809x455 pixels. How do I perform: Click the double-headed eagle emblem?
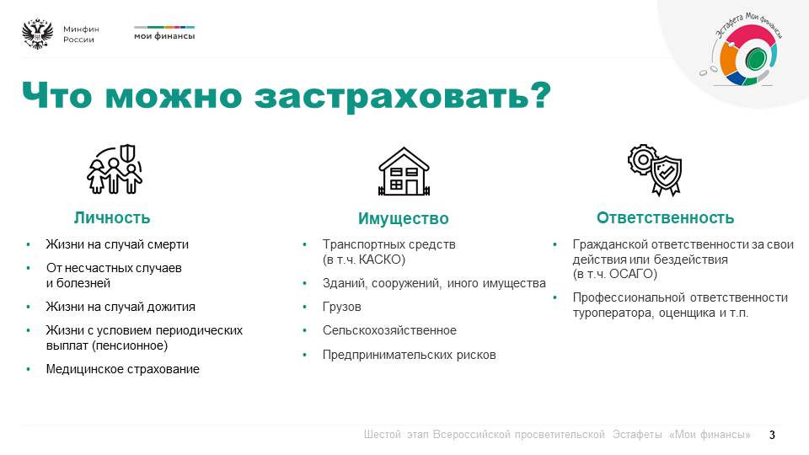click(38, 34)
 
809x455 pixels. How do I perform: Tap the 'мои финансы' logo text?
click(164, 36)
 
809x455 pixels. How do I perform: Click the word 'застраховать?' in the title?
click(403, 96)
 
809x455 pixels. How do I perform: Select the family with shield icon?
click(115, 169)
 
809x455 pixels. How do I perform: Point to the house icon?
click(404, 172)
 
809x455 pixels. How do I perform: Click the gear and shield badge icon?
click(655, 169)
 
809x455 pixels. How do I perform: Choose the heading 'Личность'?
click(112, 217)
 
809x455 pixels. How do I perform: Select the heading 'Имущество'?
click(404, 219)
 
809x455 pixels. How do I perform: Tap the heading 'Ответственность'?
click(665, 217)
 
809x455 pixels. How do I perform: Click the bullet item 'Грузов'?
click(341, 307)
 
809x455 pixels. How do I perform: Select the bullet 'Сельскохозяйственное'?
click(389, 330)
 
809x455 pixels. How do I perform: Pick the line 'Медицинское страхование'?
click(123, 369)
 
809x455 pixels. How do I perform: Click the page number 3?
click(772, 435)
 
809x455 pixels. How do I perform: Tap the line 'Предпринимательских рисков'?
click(410, 355)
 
